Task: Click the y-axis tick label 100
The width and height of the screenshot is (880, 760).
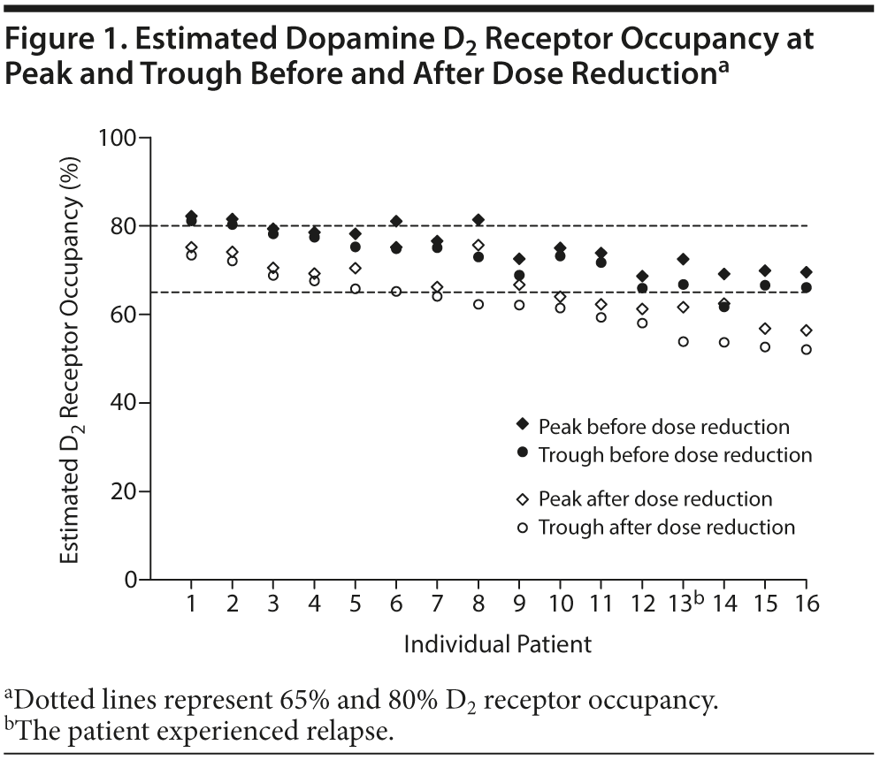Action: (x=121, y=139)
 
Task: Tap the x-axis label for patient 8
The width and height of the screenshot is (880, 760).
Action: (x=478, y=604)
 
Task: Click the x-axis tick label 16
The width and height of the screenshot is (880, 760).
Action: (x=807, y=604)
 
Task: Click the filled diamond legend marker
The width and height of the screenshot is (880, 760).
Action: (x=522, y=426)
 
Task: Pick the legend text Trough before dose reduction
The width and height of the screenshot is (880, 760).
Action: (x=676, y=455)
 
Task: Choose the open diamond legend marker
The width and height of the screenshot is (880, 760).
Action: (x=522, y=499)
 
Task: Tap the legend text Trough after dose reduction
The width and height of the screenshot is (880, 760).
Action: (x=667, y=528)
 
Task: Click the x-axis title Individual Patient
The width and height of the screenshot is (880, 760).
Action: (x=497, y=644)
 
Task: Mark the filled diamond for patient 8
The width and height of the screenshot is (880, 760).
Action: (x=478, y=219)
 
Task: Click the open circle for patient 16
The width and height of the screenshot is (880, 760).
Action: (x=807, y=350)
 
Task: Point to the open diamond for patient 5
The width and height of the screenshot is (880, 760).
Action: (x=356, y=269)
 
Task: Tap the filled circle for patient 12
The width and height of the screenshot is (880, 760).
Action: (x=643, y=288)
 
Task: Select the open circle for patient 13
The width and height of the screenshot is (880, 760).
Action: (x=684, y=341)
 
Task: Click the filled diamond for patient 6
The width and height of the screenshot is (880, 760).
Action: (x=396, y=221)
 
